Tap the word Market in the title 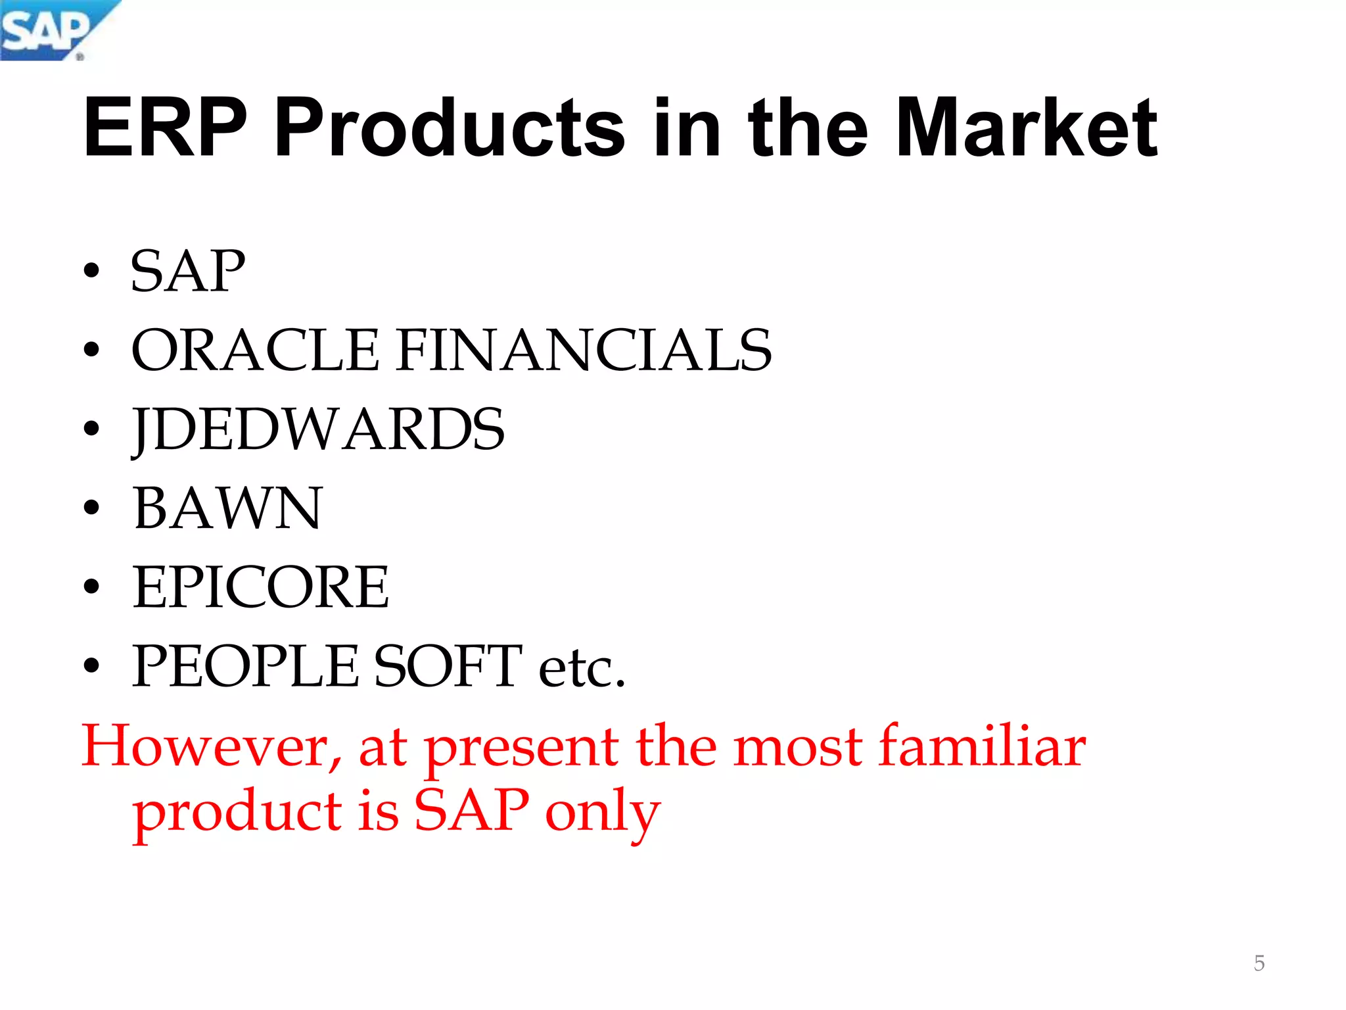coord(1026,128)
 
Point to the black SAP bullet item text coord(188,271)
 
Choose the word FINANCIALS coord(585,350)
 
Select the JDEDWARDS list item coord(318,429)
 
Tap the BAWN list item coord(227,508)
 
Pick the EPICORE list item coord(260,587)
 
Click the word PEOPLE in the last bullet coord(246,666)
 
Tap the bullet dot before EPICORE coord(91,587)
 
